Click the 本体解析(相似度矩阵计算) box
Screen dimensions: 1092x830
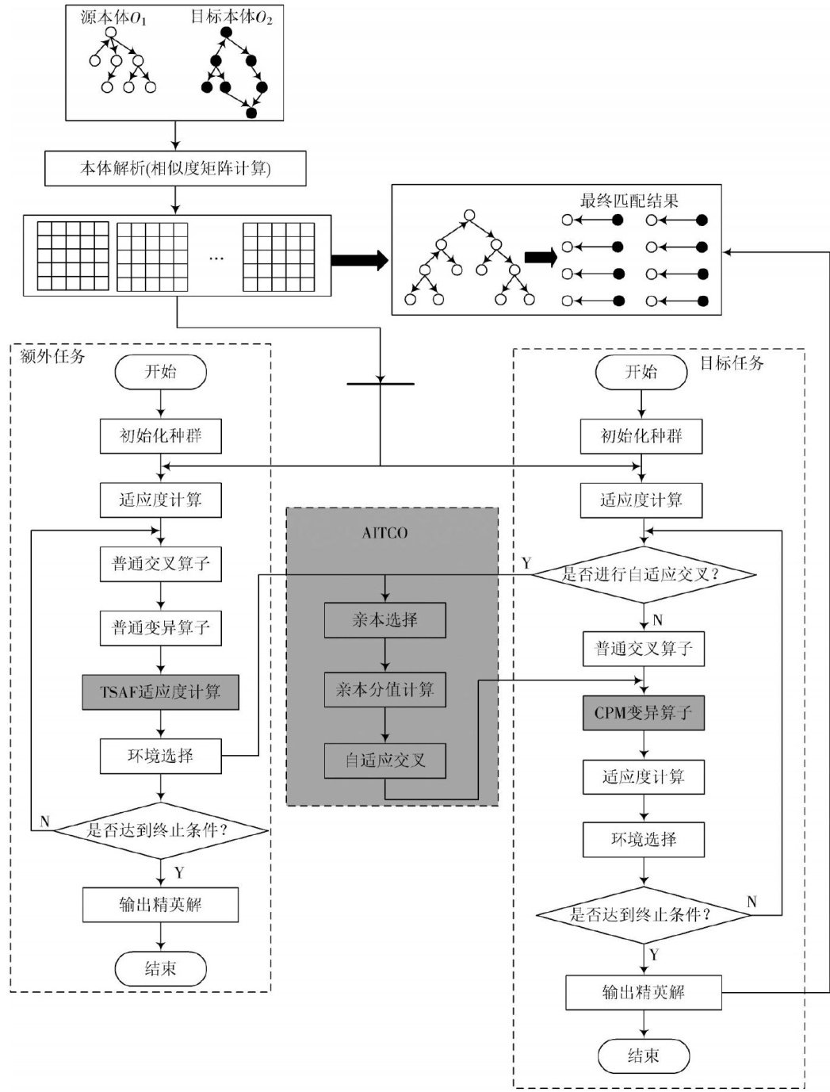(175, 168)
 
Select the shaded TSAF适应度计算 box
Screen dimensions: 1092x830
(160, 692)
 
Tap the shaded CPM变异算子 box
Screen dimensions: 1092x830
(643, 713)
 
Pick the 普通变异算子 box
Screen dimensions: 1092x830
(160, 627)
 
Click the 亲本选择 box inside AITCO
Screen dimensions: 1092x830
(384, 620)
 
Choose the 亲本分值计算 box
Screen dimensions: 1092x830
(384, 690)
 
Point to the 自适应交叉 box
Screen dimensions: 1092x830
(384, 761)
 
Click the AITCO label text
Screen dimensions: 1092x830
(384, 533)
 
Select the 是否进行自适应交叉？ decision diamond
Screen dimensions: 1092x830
(642, 574)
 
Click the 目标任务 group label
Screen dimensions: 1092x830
(732, 363)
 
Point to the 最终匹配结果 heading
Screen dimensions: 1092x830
(629, 201)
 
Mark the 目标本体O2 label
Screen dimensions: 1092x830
(231, 17)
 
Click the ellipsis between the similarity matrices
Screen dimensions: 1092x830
(216, 257)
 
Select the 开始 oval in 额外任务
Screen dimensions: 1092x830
(160, 372)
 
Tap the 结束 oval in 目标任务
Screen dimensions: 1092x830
(643, 1056)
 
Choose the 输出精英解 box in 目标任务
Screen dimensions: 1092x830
(643, 992)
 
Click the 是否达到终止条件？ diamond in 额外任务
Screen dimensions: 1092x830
(160, 830)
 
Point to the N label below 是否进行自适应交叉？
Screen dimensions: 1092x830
(658, 620)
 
